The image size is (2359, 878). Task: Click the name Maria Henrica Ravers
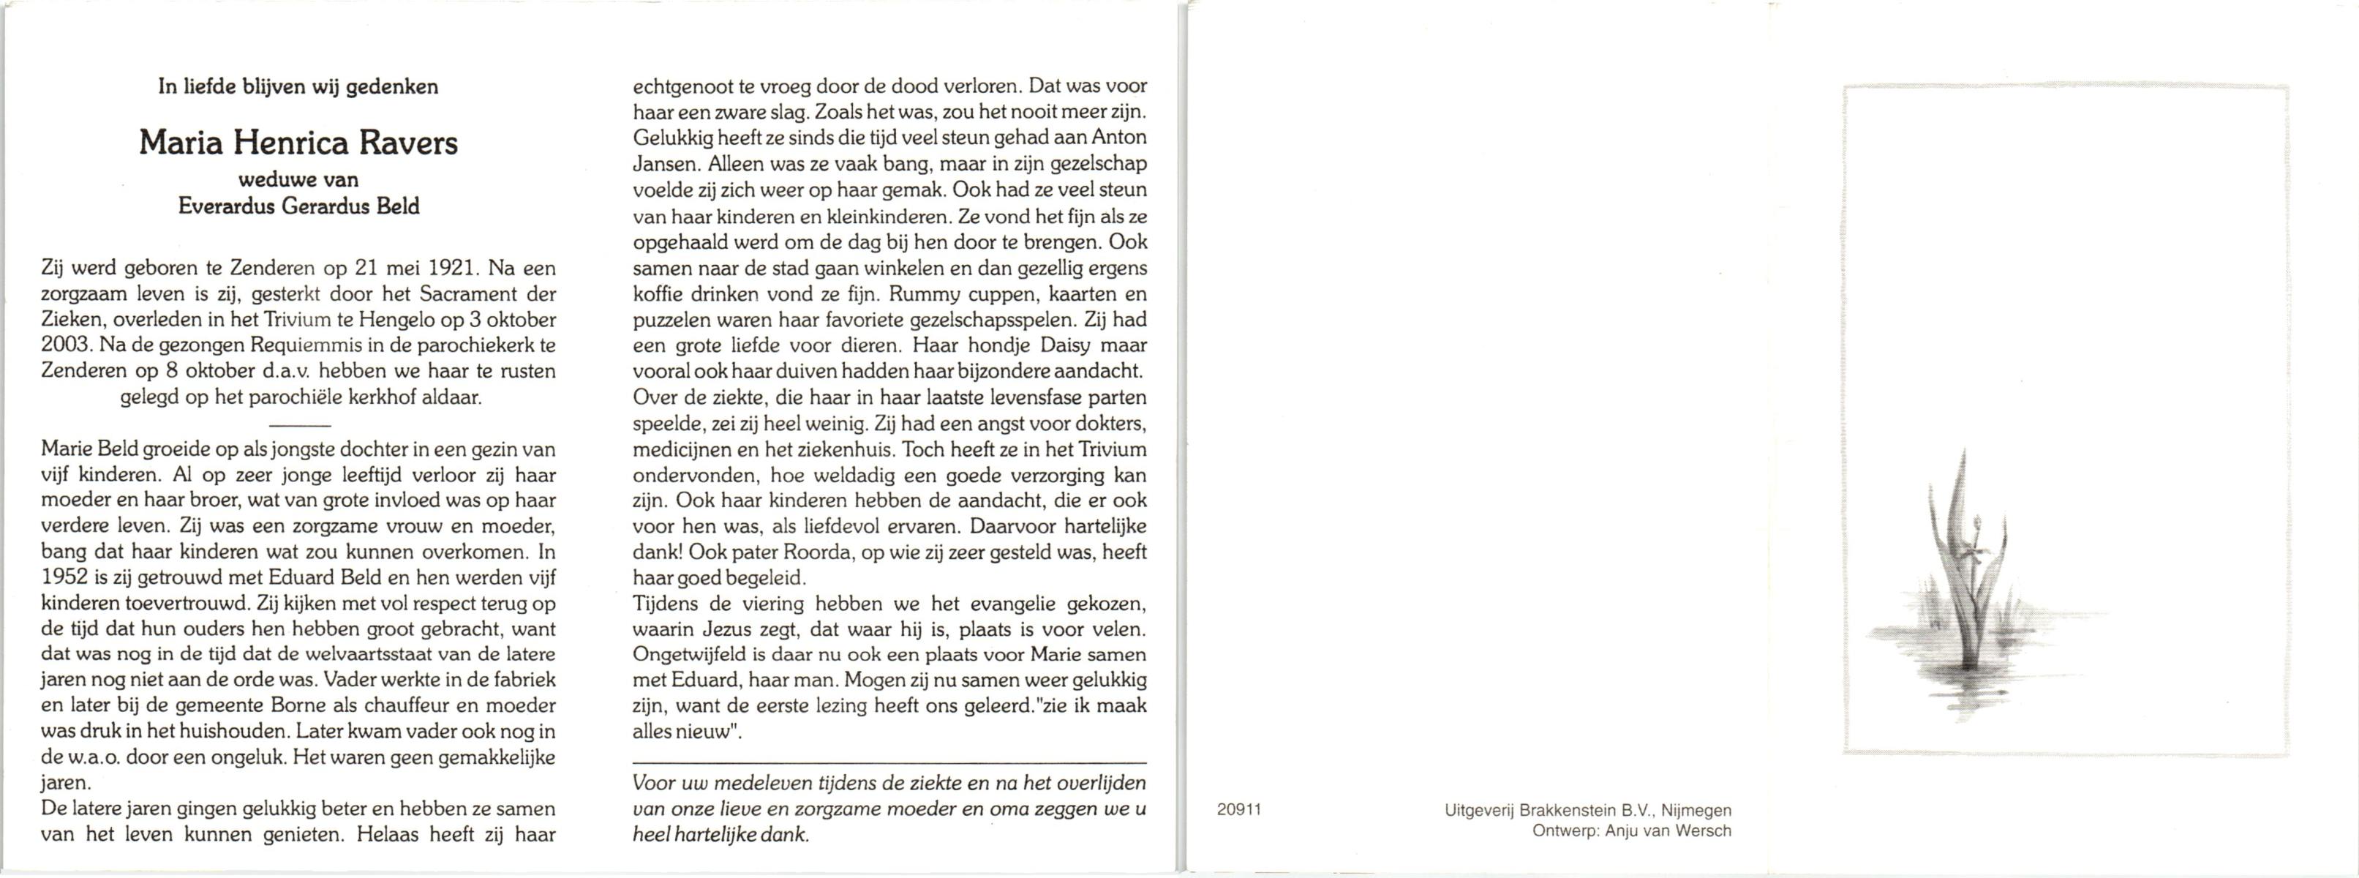click(298, 143)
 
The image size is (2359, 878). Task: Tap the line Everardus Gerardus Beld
click(298, 207)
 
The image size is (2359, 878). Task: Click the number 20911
click(1239, 809)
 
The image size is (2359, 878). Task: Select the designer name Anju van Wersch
click(1668, 831)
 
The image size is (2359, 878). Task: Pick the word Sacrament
click(464, 295)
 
